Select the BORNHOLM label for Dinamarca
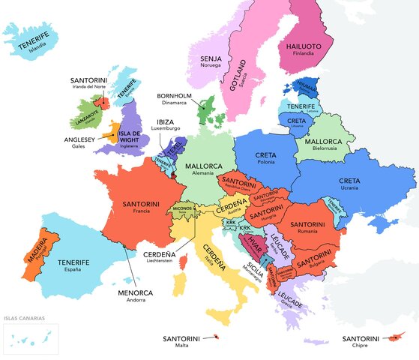[x=175, y=96]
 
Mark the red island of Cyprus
[x=391, y=337]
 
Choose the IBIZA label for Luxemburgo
[x=166, y=121]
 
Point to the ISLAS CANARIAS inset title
[x=23, y=319]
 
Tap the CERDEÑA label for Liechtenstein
[x=160, y=255]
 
